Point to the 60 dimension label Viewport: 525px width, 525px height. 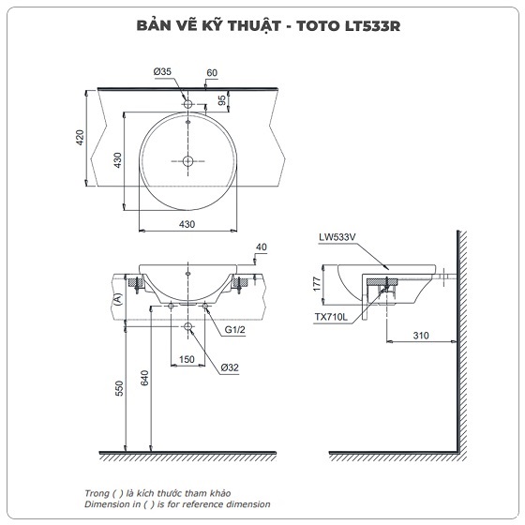click(212, 72)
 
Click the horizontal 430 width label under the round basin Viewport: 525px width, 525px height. click(187, 223)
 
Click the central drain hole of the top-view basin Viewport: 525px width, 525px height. click(187, 161)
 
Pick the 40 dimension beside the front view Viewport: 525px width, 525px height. click(261, 247)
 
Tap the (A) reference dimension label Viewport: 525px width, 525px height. click(118, 299)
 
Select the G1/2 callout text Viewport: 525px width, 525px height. click(234, 331)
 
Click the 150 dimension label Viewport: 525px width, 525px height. click(187, 360)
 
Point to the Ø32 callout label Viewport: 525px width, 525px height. click(230, 367)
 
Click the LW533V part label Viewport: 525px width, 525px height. click(338, 239)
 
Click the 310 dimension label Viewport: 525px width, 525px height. click(419, 335)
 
